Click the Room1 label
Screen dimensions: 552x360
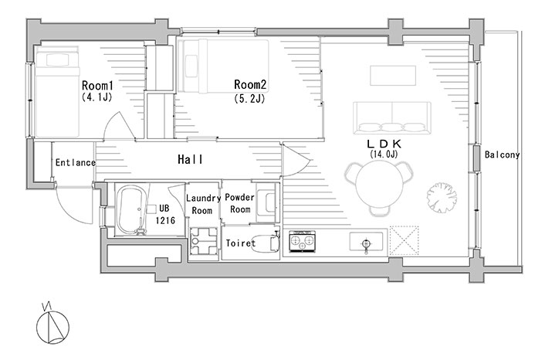(x=97, y=86)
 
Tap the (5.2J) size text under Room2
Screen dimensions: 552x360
(x=249, y=99)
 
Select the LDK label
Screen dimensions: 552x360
(x=384, y=144)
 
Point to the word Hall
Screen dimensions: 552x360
(x=190, y=160)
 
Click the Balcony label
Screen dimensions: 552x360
(x=502, y=155)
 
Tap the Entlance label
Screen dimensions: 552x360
(x=76, y=162)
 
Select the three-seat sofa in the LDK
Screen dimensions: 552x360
(x=392, y=118)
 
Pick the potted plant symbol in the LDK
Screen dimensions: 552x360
(x=442, y=198)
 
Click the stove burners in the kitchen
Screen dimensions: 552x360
(x=302, y=241)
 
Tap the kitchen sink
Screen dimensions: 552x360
(x=366, y=242)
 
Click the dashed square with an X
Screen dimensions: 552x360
(x=404, y=240)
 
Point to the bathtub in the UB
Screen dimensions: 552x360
(x=130, y=210)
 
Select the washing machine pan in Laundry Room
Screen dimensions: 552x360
(x=203, y=241)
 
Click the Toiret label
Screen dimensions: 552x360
(x=240, y=243)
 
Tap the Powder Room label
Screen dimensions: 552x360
(x=240, y=203)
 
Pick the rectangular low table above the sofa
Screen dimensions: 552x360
(x=393, y=76)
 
